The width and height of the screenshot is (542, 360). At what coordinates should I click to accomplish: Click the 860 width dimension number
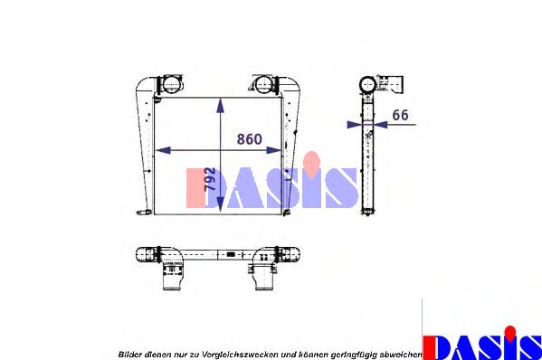[249, 139]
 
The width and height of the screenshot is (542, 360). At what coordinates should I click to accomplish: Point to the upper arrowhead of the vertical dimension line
[221, 100]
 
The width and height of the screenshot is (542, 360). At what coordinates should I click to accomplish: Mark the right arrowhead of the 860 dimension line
[278, 149]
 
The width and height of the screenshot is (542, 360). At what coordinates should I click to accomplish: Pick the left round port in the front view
[169, 85]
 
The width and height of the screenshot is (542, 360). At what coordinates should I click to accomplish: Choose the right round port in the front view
[262, 86]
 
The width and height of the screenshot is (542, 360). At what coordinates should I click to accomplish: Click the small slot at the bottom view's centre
[232, 253]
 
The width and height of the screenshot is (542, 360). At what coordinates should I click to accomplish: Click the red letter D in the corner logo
[442, 347]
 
